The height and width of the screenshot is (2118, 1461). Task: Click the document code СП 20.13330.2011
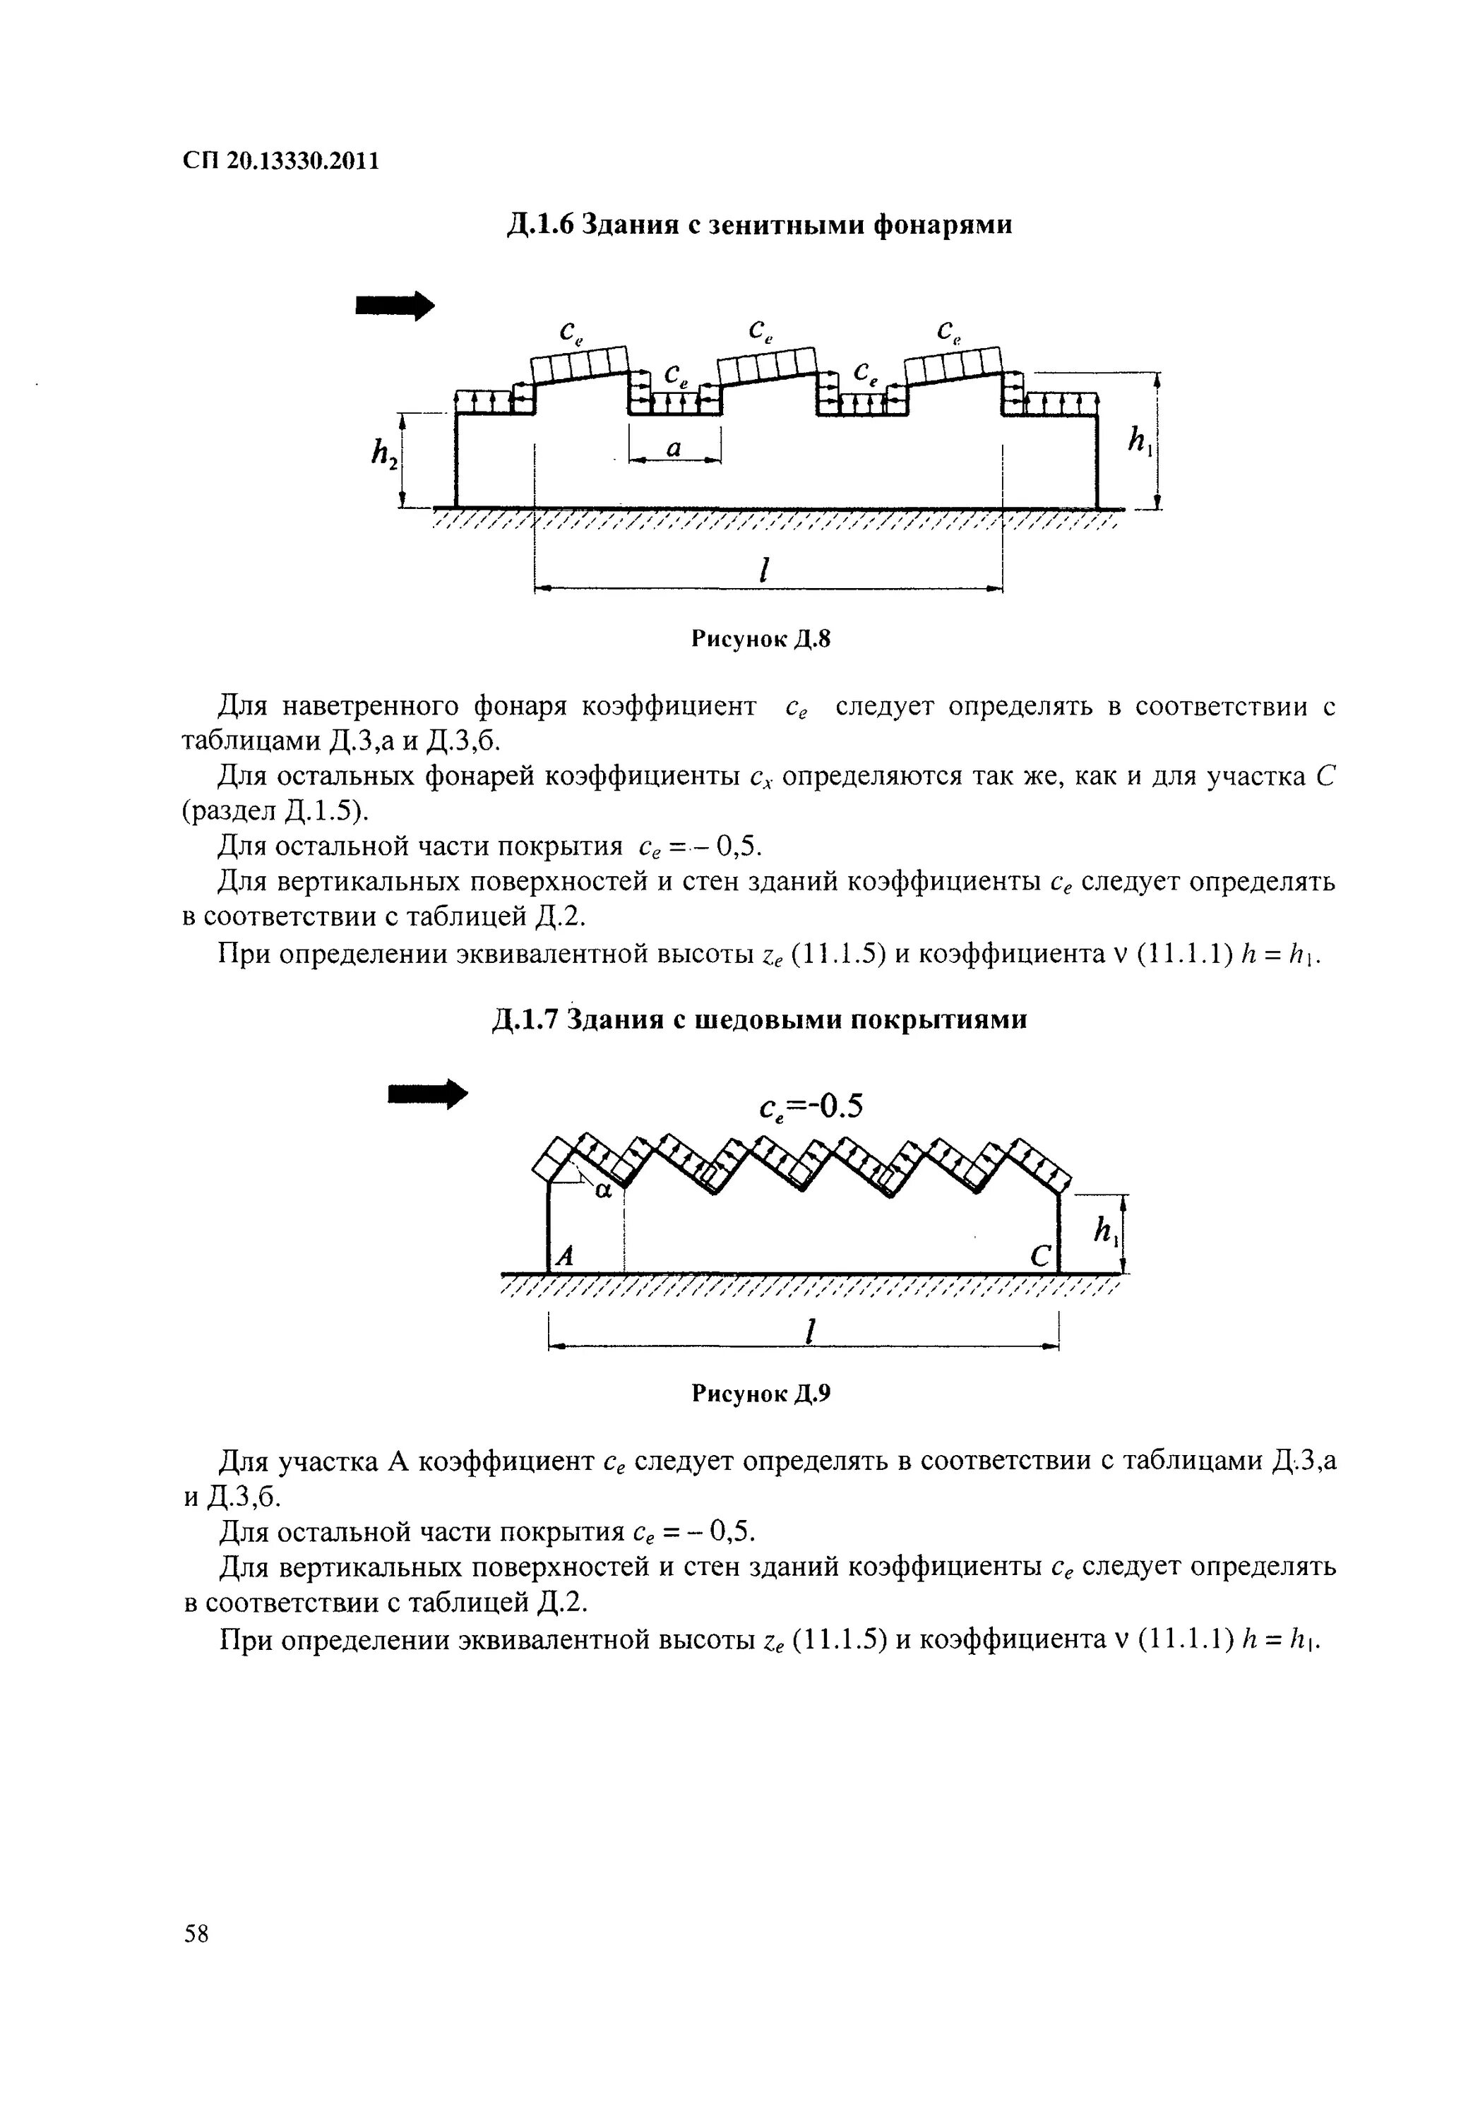tap(280, 161)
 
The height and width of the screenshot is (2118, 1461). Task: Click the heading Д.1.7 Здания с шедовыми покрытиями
tap(759, 1019)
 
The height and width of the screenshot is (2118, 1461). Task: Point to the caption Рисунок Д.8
tap(760, 639)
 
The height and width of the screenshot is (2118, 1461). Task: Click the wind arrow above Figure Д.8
tap(395, 306)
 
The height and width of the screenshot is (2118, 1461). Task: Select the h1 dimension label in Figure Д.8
tap(1139, 442)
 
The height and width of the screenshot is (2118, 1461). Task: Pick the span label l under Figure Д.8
tap(763, 569)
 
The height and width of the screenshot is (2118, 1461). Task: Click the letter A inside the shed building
tap(565, 1256)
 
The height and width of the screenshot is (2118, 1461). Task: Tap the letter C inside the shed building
tap(1041, 1257)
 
